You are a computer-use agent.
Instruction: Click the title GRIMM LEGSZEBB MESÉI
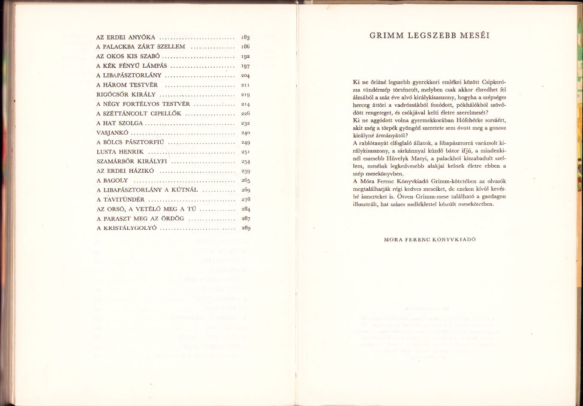pos(430,36)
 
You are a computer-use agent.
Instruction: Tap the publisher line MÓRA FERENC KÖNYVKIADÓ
pos(430,240)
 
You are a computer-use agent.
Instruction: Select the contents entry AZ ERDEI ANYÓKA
pos(126,37)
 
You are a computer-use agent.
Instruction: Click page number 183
pos(245,38)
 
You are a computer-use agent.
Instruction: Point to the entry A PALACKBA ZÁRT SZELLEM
pos(141,47)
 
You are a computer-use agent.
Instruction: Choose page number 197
pos(245,66)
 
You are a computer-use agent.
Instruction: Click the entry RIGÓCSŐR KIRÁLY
pos(126,94)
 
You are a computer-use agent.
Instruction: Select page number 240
pos(245,133)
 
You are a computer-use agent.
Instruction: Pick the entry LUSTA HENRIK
pos(120,152)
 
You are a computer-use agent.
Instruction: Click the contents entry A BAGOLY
pos(112,180)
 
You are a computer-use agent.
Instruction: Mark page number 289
pos(246,228)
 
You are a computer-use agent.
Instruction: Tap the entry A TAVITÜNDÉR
pos(120,199)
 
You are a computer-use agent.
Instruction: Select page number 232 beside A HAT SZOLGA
pos(245,123)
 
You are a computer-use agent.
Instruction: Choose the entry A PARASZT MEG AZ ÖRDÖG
pos(140,218)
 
